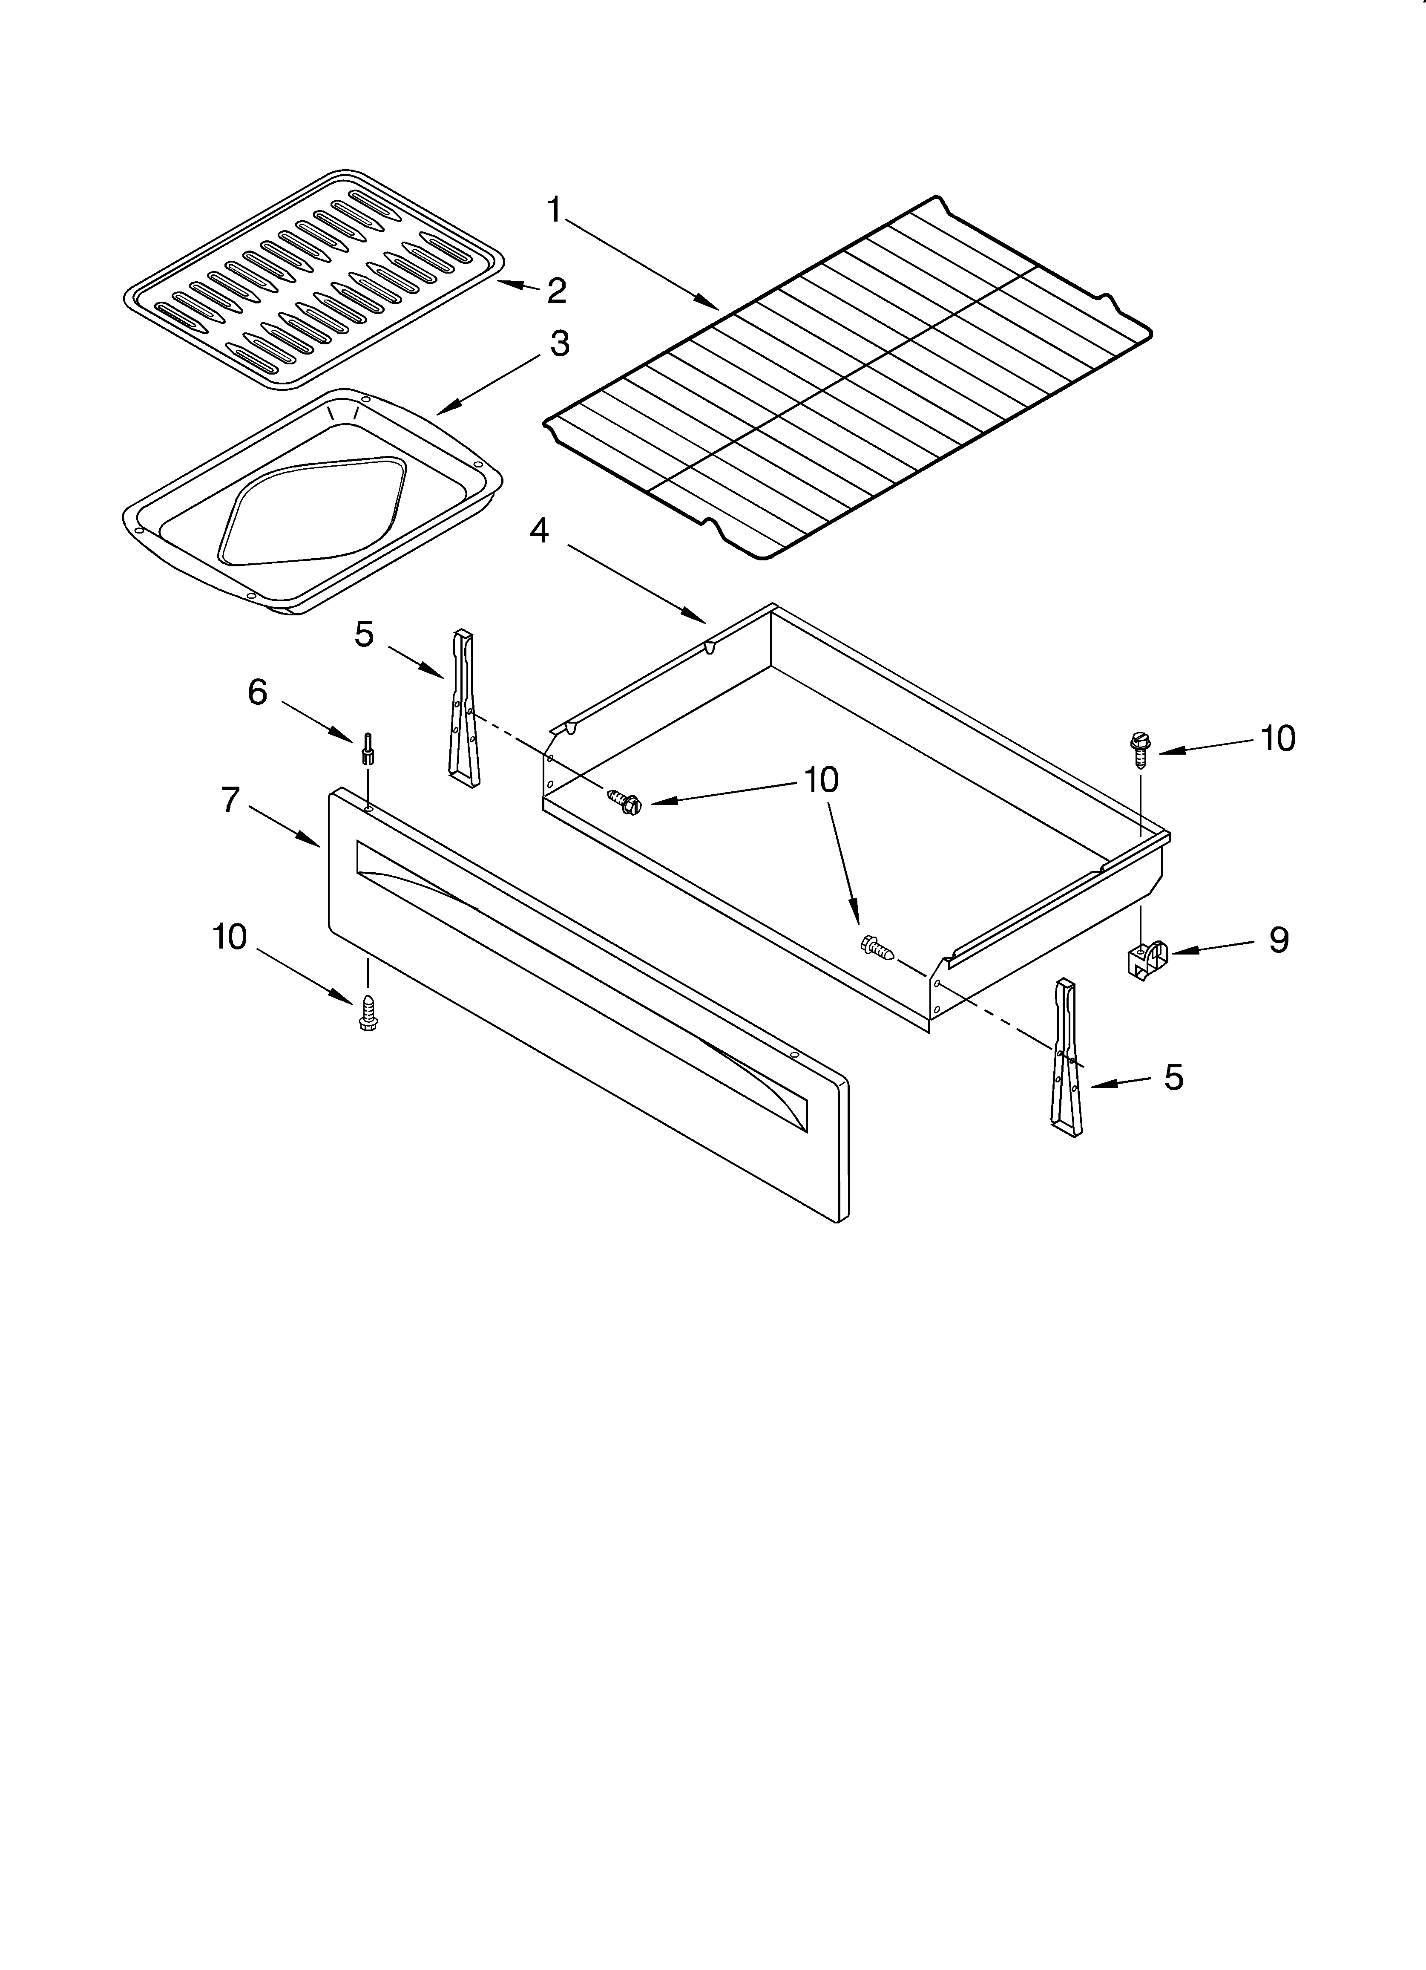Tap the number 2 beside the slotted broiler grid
pos(557,290)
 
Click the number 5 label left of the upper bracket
pos(364,635)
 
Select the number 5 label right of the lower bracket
pos(1173,1077)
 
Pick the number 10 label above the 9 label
pos(1277,738)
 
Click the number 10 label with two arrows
pos(821,780)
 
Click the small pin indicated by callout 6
pos(368,749)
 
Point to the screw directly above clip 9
pos(1139,747)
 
